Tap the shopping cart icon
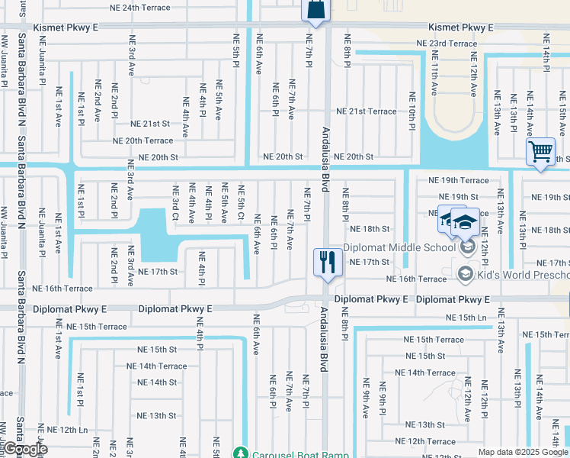[540, 151]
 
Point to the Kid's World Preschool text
[522, 274]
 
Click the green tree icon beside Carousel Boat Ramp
[241, 453]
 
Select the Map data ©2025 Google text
[522, 452]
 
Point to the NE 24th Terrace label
[152, 7]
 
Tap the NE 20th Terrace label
[143, 140]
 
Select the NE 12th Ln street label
[66, 431]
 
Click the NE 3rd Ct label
[175, 205]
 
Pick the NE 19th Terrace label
[458, 180]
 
